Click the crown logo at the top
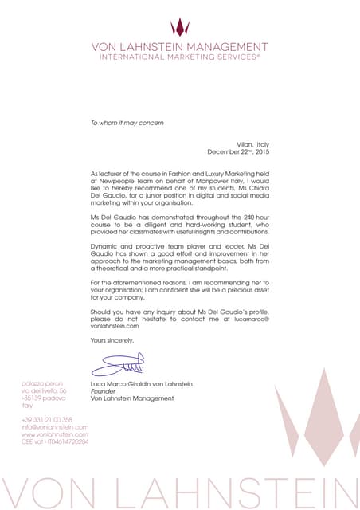[180, 27]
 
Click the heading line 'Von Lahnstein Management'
[180, 47]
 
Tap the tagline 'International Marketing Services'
[180, 57]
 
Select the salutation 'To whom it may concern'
[127, 123]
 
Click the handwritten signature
[117, 366]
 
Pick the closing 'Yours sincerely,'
[112, 340]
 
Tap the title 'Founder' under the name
[104, 391]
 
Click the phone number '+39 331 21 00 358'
[47, 419]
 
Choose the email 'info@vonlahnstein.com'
[55, 426]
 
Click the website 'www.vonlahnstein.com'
[54, 433]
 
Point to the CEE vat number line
[55, 441]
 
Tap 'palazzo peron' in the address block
[42, 384]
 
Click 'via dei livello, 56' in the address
[44, 391]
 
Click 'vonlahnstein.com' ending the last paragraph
[115, 325]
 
